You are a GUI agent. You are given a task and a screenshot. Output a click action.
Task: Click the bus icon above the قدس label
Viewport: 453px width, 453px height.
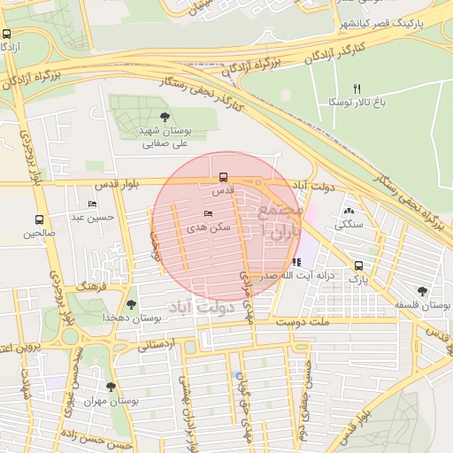[x=222, y=176]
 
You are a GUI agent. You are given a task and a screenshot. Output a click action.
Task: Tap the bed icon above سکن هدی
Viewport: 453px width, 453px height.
[x=209, y=214]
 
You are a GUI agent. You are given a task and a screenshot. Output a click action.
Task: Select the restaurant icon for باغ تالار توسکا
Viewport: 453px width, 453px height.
[x=357, y=88]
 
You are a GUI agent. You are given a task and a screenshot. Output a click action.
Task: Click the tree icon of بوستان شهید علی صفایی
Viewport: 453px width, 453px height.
[x=165, y=117]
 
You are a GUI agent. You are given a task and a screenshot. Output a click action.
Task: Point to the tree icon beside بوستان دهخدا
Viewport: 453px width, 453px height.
[x=131, y=303]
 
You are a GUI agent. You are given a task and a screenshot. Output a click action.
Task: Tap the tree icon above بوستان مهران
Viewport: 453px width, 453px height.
[x=111, y=387]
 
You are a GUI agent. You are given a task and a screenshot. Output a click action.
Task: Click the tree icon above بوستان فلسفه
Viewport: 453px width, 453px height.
[x=422, y=291]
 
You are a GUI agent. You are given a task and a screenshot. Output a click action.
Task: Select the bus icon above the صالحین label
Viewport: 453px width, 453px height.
[x=39, y=219]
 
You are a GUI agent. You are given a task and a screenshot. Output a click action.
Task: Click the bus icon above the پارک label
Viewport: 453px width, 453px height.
[x=358, y=265]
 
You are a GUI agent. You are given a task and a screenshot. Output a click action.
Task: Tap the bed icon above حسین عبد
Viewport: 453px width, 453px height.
[x=93, y=204]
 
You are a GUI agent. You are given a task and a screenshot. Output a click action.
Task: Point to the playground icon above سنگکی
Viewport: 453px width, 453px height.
[x=347, y=211]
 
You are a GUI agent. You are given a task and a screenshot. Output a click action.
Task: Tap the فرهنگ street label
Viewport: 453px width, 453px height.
[x=92, y=288]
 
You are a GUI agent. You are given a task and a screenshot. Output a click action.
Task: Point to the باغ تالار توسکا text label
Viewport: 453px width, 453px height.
[x=357, y=103]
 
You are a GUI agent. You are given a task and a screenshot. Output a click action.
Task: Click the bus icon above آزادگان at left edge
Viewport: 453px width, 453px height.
[x=7, y=34]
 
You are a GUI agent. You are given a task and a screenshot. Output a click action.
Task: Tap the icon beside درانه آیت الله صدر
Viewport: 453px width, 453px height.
[x=297, y=262]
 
